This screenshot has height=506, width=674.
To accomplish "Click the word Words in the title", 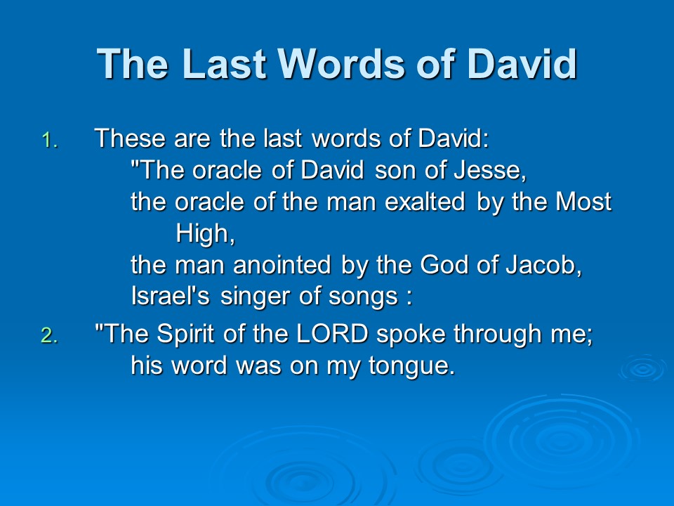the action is click(342, 64).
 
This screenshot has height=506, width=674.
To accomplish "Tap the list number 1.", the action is click(49, 141).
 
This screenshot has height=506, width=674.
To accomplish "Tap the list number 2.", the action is click(49, 335).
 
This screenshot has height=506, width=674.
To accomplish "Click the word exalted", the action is click(425, 202).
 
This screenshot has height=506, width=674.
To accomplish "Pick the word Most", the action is click(583, 202).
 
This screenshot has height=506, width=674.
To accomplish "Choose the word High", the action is click(206, 233).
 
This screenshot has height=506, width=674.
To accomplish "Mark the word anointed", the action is click(282, 265).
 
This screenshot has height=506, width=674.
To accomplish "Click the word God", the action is click(444, 265).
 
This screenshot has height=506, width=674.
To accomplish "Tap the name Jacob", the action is click(543, 265).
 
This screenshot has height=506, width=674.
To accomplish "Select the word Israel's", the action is click(170, 296).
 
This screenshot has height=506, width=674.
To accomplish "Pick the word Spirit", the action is click(185, 334).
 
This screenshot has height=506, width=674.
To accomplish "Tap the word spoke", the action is click(411, 334).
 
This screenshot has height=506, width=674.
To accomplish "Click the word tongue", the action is click(411, 366).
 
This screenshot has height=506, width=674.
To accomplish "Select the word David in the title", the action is click(522, 64).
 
